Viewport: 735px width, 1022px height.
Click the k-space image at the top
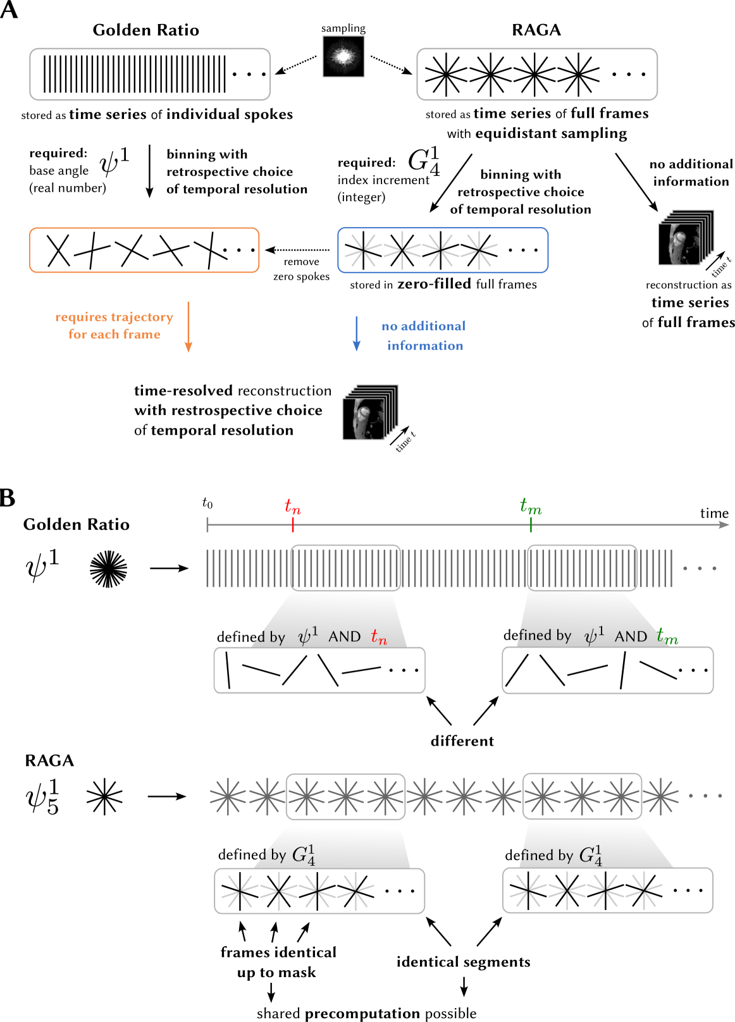pos(343,57)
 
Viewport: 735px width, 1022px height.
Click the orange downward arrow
pos(188,327)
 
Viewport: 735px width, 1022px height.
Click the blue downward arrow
pos(356,333)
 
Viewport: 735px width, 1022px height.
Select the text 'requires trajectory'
pos(114,317)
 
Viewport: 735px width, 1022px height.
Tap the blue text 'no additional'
pos(423,326)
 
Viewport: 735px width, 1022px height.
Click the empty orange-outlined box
pos(144,250)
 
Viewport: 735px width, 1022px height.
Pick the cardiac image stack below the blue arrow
pos(369,413)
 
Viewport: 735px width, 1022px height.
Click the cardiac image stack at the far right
pos(685,238)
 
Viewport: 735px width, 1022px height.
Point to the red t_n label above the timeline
pos(292,507)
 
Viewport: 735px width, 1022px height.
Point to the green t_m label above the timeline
pos(531,506)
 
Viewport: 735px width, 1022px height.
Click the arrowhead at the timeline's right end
pos(724,524)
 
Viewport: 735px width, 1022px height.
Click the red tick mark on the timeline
pos(293,525)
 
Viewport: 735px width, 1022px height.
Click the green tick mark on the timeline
pos(531,525)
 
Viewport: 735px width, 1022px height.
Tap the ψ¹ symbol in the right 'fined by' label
pos(593,636)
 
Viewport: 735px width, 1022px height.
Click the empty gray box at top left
pos(150,74)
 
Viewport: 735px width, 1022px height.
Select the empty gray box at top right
pos(537,74)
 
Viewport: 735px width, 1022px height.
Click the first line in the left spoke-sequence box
pos(228,670)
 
